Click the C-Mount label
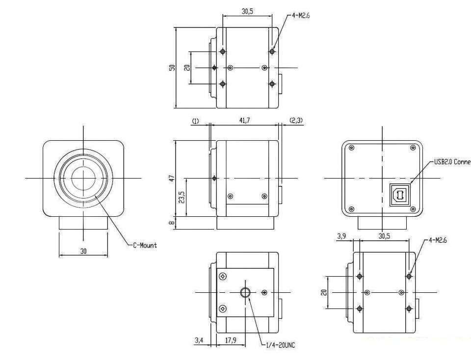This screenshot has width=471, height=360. [x=145, y=245]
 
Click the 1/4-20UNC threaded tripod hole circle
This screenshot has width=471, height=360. [x=245, y=293]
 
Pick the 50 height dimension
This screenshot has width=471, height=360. [x=172, y=68]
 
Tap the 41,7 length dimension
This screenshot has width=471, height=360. [x=244, y=121]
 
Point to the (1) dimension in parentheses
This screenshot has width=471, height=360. [x=196, y=121]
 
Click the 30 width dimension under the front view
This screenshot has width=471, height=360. [x=84, y=251]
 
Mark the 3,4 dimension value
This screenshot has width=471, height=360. [x=199, y=339]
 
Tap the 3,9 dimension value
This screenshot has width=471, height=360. [x=341, y=236]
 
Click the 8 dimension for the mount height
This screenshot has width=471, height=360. [x=172, y=223]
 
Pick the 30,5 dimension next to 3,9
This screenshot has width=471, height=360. [x=384, y=236]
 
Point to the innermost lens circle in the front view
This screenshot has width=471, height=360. [x=83, y=178]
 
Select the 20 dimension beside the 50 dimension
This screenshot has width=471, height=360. [x=187, y=68]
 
